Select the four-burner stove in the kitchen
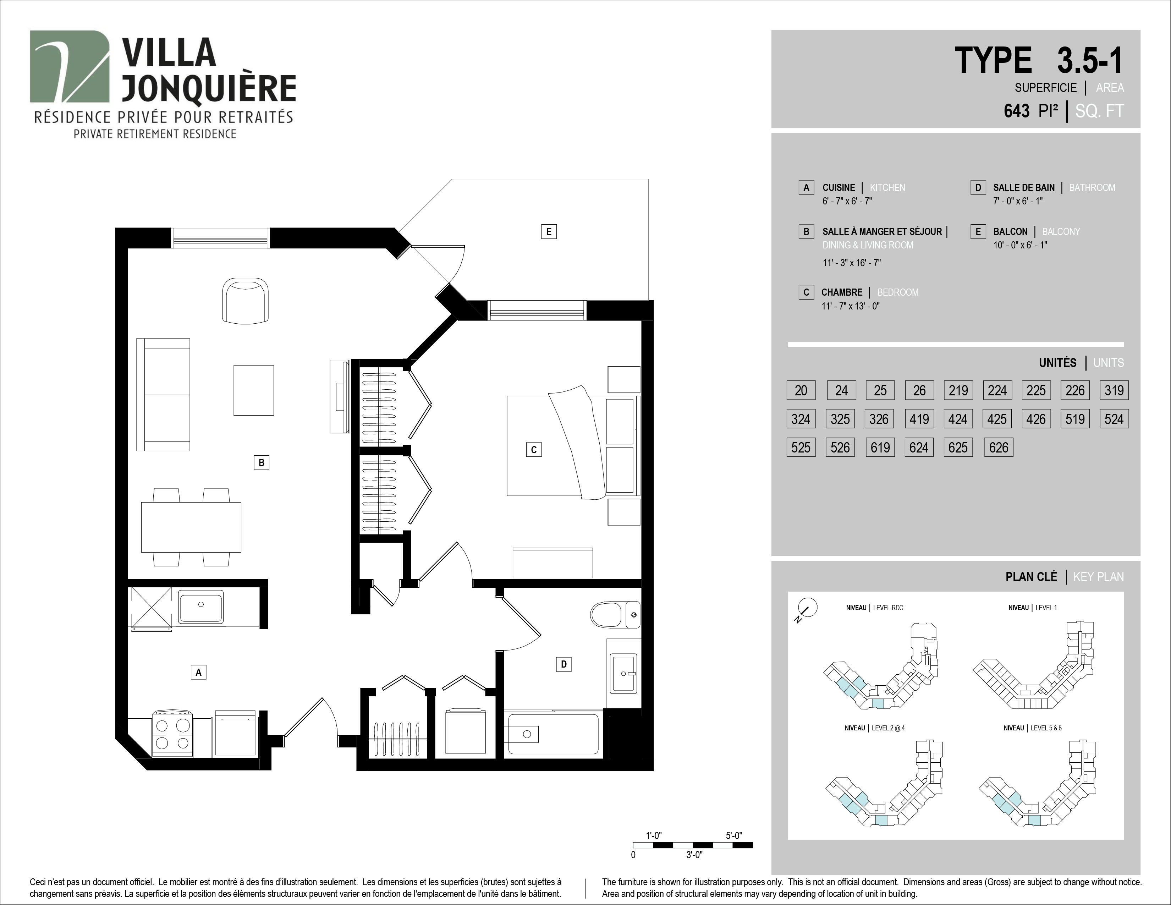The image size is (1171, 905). (173, 734)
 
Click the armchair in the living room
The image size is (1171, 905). (246, 301)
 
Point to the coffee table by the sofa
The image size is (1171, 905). (254, 390)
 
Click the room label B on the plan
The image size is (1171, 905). (261, 462)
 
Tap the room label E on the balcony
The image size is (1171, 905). (549, 232)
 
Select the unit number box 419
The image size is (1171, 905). (919, 419)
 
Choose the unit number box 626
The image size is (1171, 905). (998, 447)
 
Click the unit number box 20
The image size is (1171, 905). (801, 390)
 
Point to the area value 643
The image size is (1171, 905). (1017, 111)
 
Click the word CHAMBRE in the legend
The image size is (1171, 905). (842, 292)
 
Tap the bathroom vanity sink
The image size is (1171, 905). (623, 673)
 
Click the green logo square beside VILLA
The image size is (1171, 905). (70, 66)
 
